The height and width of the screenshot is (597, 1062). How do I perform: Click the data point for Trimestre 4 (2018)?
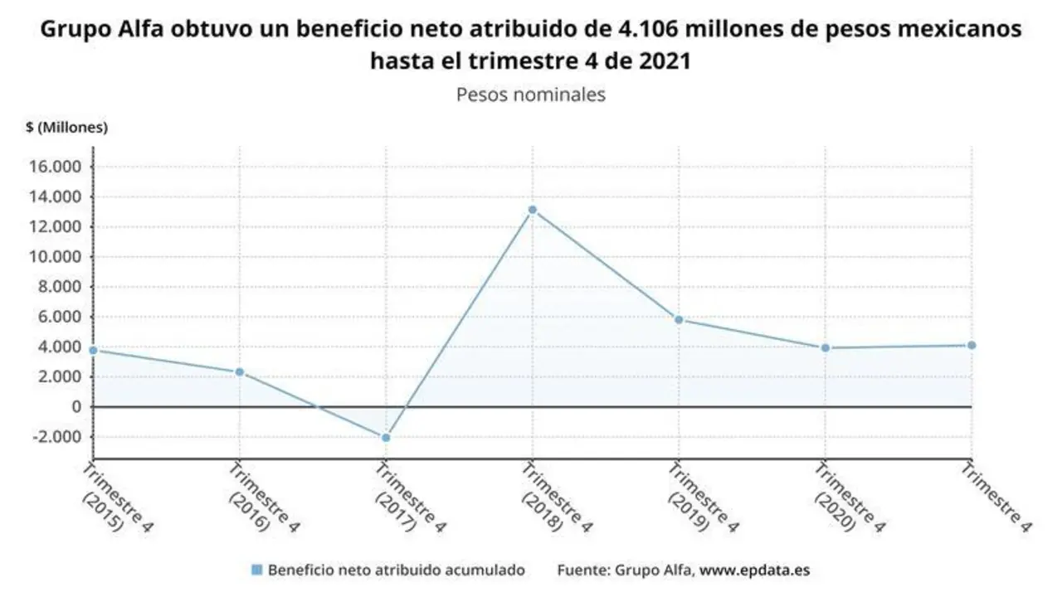(532, 210)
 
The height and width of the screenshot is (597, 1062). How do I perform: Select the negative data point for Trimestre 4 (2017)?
(386, 437)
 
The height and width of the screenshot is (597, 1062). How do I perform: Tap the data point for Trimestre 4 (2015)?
(94, 350)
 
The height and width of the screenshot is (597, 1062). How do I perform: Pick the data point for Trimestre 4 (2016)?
(240, 372)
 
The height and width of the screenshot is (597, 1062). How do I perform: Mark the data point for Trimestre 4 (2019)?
(679, 319)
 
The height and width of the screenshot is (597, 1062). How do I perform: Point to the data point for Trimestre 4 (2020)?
(825, 347)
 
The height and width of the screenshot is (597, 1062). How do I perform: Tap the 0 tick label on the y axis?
(76, 406)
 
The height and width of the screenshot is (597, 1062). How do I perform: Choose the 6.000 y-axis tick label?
(63, 317)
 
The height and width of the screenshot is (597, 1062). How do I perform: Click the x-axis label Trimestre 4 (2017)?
(407, 498)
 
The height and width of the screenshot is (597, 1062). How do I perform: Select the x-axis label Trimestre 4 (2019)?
(699, 498)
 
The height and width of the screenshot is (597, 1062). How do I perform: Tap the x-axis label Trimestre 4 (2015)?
(114, 498)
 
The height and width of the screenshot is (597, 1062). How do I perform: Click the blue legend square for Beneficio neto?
(256, 570)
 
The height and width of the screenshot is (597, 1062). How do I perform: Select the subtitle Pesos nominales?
(531, 95)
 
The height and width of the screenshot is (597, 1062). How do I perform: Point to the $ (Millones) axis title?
(67, 128)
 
